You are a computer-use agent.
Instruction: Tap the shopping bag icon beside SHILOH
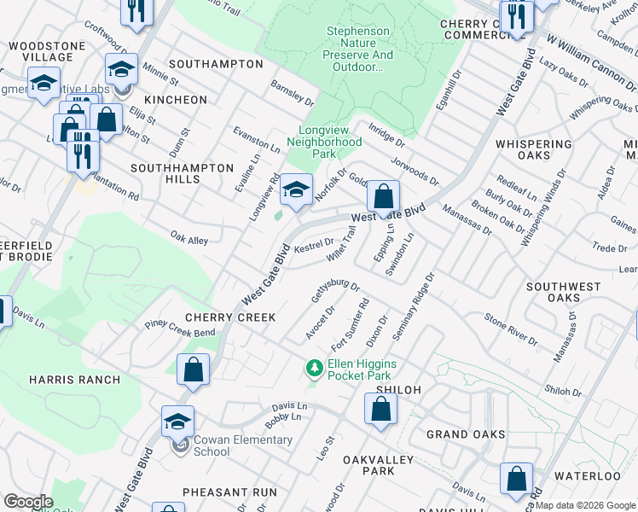click(380, 409)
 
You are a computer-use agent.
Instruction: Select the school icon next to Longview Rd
click(296, 190)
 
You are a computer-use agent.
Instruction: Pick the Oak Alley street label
click(188, 238)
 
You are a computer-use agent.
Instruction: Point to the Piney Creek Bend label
click(180, 328)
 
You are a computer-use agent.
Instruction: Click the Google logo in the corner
click(27, 502)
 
